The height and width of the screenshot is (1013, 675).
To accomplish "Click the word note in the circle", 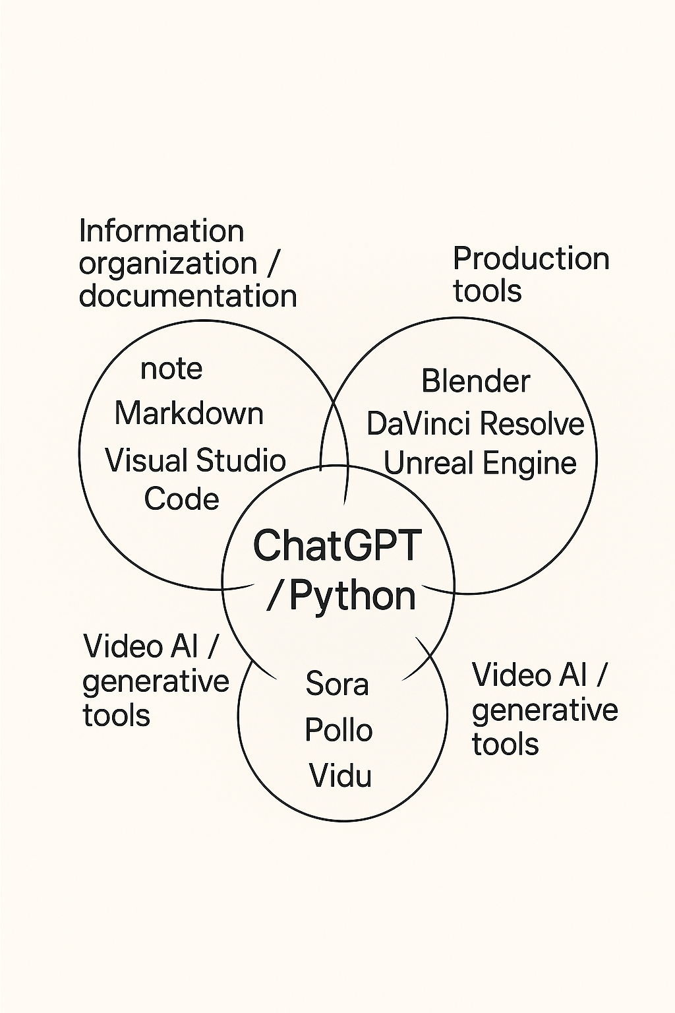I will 171,369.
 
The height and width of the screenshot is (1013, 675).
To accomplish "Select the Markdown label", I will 189,414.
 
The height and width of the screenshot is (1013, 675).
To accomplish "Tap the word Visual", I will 146,460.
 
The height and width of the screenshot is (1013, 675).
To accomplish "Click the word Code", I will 181,499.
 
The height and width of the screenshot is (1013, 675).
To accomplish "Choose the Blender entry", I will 475,381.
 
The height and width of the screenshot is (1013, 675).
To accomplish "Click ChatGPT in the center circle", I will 337,546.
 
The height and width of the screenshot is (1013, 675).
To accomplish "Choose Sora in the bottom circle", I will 337,684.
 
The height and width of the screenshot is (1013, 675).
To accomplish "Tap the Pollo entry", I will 338,730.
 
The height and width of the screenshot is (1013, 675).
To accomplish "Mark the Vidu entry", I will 340,776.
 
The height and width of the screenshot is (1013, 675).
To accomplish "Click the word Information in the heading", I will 161,231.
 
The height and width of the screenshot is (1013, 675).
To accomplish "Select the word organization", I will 168,264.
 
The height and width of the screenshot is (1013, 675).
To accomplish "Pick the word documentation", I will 188,296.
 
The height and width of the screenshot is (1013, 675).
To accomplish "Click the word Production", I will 531,259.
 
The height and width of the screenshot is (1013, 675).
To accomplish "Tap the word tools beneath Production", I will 487,291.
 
